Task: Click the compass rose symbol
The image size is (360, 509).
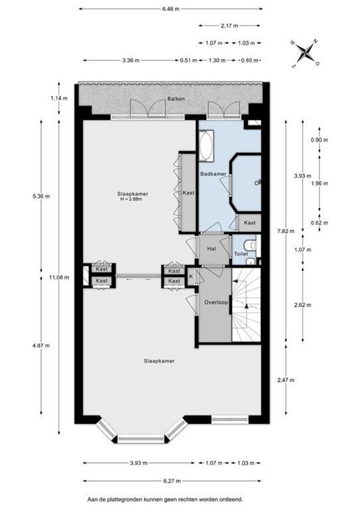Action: (x=305, y=53)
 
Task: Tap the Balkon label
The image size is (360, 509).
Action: (x=176, y=99)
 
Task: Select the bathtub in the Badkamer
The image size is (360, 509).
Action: (x=206, y=146)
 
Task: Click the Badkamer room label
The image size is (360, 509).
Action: (x=213, y=174)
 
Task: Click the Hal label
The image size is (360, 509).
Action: (x=211, y=249)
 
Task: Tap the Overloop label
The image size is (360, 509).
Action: (x=216, y=302)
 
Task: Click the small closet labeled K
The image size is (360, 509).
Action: (x=191, y=276)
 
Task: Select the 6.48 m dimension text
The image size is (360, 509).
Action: (x=171, y=9)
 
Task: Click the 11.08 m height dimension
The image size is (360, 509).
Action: (x=59, y=278)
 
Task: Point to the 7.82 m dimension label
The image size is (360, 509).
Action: (x=286, y=231)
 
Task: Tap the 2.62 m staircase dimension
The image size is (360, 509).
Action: (x=303, y=305)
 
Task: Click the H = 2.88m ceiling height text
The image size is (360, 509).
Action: (x=131, y=199)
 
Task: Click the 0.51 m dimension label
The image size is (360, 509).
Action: (x=188, y=60)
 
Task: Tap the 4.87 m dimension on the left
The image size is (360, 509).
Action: (x=41, y=345)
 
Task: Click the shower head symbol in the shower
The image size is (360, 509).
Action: (x=258, y=182)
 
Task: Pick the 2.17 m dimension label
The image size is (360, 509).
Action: (x=229, y=25)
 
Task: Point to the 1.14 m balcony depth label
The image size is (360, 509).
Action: (x=59, y=98)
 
